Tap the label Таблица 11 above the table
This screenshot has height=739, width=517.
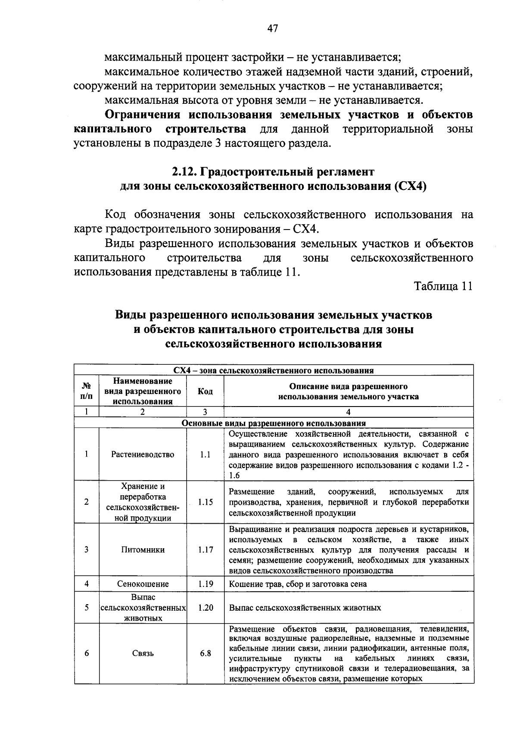point(443,286)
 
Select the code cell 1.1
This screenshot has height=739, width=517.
point(205,454)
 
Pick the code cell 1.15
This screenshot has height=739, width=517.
point(205,502)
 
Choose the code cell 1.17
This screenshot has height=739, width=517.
point(205,550)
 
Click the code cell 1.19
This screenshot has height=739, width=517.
point(205,584)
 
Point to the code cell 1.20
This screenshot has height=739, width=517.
point(205,608)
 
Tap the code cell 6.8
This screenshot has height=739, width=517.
point(205,653)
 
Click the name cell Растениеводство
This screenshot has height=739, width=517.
point(143,454)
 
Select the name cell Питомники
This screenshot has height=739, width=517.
point(143,550)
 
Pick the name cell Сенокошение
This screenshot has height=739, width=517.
point(143,584)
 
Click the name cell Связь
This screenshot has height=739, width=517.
point(143,653)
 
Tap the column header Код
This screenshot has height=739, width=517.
point(205,391)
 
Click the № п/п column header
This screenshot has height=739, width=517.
point(87,391)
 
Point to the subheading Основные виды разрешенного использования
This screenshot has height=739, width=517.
point(274,423)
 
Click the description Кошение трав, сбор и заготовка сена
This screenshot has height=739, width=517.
point(298,584)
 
